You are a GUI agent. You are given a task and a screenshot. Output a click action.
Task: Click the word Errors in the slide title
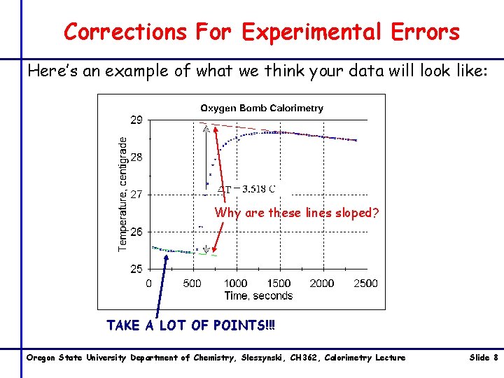[419, 31]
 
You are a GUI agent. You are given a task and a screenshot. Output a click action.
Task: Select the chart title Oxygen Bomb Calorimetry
[262, 108]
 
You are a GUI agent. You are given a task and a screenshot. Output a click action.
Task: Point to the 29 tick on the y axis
[136, 120]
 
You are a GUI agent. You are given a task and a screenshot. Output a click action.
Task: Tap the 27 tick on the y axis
[136, 195]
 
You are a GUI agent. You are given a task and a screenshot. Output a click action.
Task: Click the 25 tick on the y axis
[136, 269]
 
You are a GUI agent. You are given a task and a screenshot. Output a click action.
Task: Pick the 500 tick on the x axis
[192, 283]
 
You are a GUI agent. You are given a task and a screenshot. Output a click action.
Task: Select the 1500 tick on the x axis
[279, 283]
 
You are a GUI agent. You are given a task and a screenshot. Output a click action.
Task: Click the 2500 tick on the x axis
[365, 283]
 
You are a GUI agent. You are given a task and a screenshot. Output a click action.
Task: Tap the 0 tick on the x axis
[148, 283]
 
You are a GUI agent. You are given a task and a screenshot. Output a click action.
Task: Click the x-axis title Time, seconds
[258, 296]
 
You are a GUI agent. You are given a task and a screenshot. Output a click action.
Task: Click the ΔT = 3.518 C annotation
[246, 188]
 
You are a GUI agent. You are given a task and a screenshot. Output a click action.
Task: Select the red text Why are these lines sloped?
[297, 213]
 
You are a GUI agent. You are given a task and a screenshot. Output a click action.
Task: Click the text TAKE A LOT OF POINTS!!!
[191, 325]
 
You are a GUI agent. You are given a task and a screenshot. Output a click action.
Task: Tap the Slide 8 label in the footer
[482, 358]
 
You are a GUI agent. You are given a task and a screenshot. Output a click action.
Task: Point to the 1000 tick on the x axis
[235, 283]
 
